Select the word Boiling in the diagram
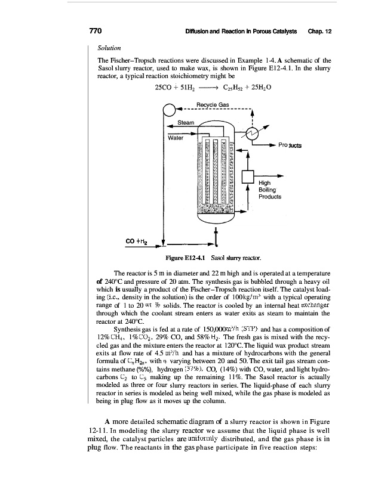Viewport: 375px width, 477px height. pos(268,190)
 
